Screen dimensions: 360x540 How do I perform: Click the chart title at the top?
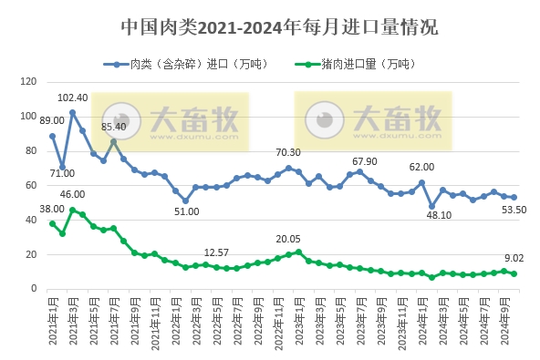(x=278, y=27)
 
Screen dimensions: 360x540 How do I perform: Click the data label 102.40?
(x=73, y=98)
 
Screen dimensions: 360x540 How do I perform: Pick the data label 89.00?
(x=52, y=120)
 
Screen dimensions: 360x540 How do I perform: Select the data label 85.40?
(x=113, y=127)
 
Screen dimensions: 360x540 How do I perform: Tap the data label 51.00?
(x=186, y=211)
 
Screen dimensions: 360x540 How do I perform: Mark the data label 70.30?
(x=288, y=152)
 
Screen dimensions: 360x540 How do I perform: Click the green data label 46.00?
(x=73, y=194)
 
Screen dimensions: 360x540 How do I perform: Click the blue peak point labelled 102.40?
(x=72, y=113)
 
